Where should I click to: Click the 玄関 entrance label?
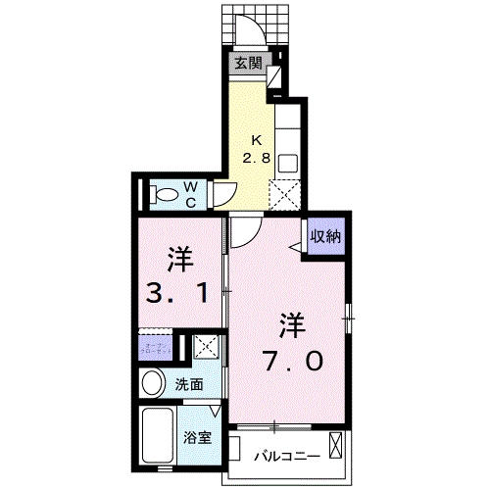[248, 64]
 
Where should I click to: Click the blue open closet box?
[156, 347]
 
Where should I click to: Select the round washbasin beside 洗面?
[154, 383]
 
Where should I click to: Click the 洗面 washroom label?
[190, 385]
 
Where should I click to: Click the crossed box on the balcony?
[337, 450]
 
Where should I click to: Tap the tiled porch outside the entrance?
[258, 18]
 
